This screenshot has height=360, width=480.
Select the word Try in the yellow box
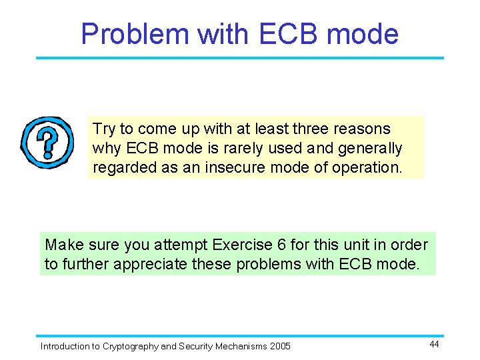103,129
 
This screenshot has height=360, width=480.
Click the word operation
369,167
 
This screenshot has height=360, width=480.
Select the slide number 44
433,344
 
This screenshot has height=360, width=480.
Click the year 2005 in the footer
279,346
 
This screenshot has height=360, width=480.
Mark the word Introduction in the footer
64,346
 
